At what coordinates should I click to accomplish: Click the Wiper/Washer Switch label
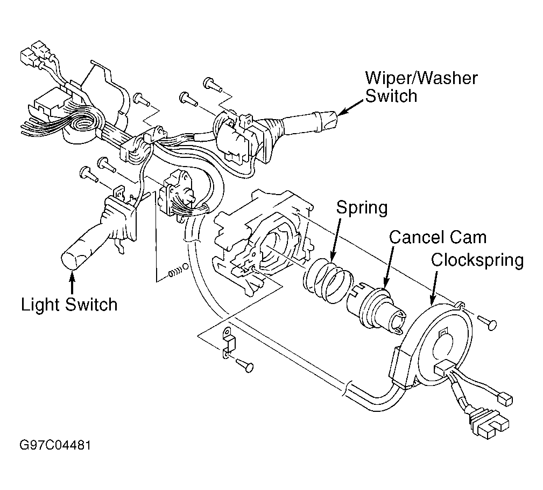point(421,87)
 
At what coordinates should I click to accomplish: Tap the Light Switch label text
point(69,305)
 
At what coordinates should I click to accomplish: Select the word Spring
point(362,208)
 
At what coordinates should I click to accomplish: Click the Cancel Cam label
point(438,238)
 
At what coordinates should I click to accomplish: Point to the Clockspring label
point(477,260)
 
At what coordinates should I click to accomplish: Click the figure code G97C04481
point(55,445)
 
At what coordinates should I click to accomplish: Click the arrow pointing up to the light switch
point(72,282)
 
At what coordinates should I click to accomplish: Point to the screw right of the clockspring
point(488,322)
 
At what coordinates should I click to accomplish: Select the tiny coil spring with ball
point(178,271)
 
